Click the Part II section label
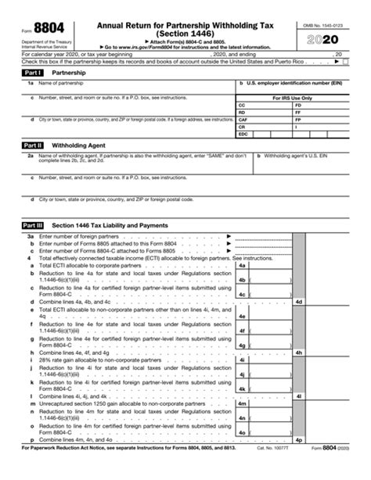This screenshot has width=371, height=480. coord(34,145)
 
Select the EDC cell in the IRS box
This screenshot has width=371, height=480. coord(243,134)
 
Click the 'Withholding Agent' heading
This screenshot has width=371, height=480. coord(79,145)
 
